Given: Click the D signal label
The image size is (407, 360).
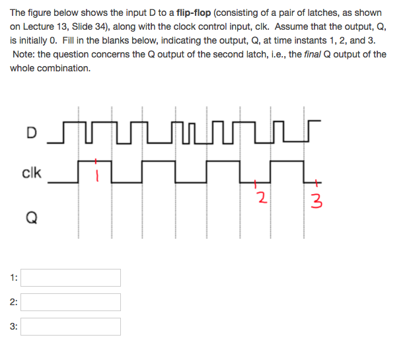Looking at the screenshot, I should [31, 132].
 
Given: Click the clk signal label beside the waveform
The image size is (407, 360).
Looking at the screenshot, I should [31, 174].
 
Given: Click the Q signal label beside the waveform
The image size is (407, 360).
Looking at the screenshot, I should [31, 216].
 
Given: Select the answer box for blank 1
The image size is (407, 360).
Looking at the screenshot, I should [71, 277].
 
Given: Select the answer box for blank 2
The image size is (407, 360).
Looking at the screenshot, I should [71, 302].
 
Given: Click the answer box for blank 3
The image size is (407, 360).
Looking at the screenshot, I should [71, 326].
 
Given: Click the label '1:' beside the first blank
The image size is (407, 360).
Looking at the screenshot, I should [14, 277].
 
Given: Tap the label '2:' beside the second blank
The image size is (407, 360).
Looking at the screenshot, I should [14, 302].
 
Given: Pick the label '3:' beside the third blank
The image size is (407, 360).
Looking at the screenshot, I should [14, 326].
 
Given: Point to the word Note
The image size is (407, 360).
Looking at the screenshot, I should [24, 54].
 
